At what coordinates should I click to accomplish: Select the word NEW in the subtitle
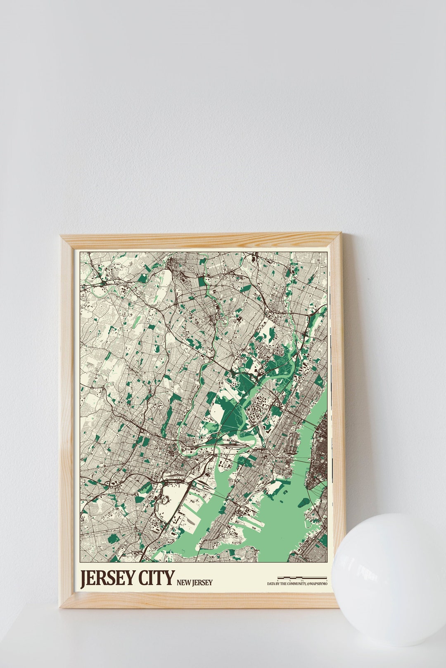point(183,583)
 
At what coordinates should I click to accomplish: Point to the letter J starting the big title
point(84,579)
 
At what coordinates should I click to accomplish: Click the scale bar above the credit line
point(302,578)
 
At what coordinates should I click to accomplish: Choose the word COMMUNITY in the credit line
point(292,584)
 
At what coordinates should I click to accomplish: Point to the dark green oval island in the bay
point(304,502)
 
